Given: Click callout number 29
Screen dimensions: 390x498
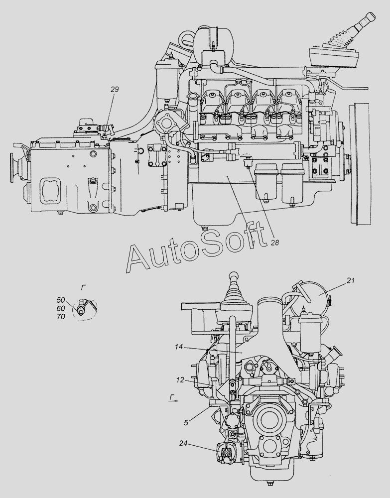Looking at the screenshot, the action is (115, 90).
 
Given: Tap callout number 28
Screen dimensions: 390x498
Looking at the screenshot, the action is (275, 243).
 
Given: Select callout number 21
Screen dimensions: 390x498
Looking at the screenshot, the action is (351, 280).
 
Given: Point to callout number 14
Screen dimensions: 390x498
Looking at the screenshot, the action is (179, 347).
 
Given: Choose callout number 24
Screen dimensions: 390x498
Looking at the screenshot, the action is (183, 444).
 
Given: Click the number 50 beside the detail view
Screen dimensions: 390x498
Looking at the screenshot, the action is (61, 300).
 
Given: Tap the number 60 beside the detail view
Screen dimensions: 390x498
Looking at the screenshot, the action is (61, 308).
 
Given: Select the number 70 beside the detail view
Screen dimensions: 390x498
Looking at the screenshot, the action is (61, 317).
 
